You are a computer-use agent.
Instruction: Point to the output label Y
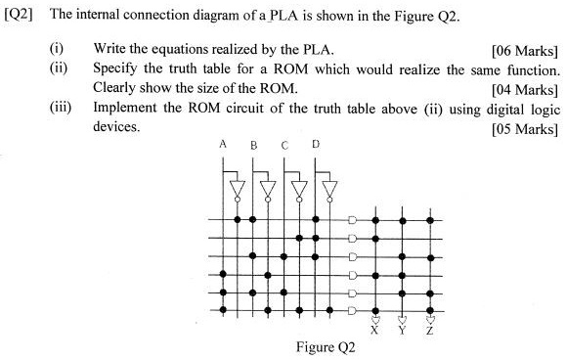[402, 331]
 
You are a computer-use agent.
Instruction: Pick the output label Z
[429, 331]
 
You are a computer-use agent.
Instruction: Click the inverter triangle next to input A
[237, 188]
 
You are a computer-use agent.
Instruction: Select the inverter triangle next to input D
[330, 188]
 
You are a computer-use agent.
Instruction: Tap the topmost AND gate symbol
[353, 220]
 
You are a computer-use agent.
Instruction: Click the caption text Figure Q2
[326, 346]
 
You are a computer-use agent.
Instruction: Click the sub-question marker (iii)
[62, 109]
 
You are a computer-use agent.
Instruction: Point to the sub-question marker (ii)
[60, 70]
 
